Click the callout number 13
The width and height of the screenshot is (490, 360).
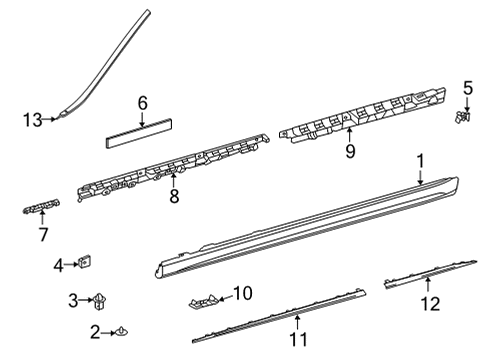point(33,120)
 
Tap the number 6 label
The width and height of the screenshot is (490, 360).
point(142,103)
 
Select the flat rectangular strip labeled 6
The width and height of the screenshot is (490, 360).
point(139,133)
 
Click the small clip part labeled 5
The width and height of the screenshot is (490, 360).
point(462,117)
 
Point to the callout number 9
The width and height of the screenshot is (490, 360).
point(350,151)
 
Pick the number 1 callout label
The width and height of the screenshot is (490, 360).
point(421,161)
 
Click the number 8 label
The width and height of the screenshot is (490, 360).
point(174,196)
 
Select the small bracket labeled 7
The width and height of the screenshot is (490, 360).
point(41,206)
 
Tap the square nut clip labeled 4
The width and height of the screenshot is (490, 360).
point(85,262)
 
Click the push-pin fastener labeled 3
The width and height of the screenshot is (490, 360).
point(100,301)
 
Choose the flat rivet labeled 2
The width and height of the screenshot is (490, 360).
point(122,332)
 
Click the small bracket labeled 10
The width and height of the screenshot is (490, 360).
point(204,301)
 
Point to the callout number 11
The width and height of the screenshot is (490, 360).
point(298,340)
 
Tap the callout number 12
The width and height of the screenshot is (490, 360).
point(430,304)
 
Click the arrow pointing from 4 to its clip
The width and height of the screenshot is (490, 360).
point(72,264)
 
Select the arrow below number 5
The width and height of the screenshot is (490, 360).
point(467,104)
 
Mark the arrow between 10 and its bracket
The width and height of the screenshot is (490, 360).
point(225,298)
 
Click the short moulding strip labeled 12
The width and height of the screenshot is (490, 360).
point(430,274)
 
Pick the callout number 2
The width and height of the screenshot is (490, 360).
point(95,332)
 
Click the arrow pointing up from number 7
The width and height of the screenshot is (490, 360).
point(42,217)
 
